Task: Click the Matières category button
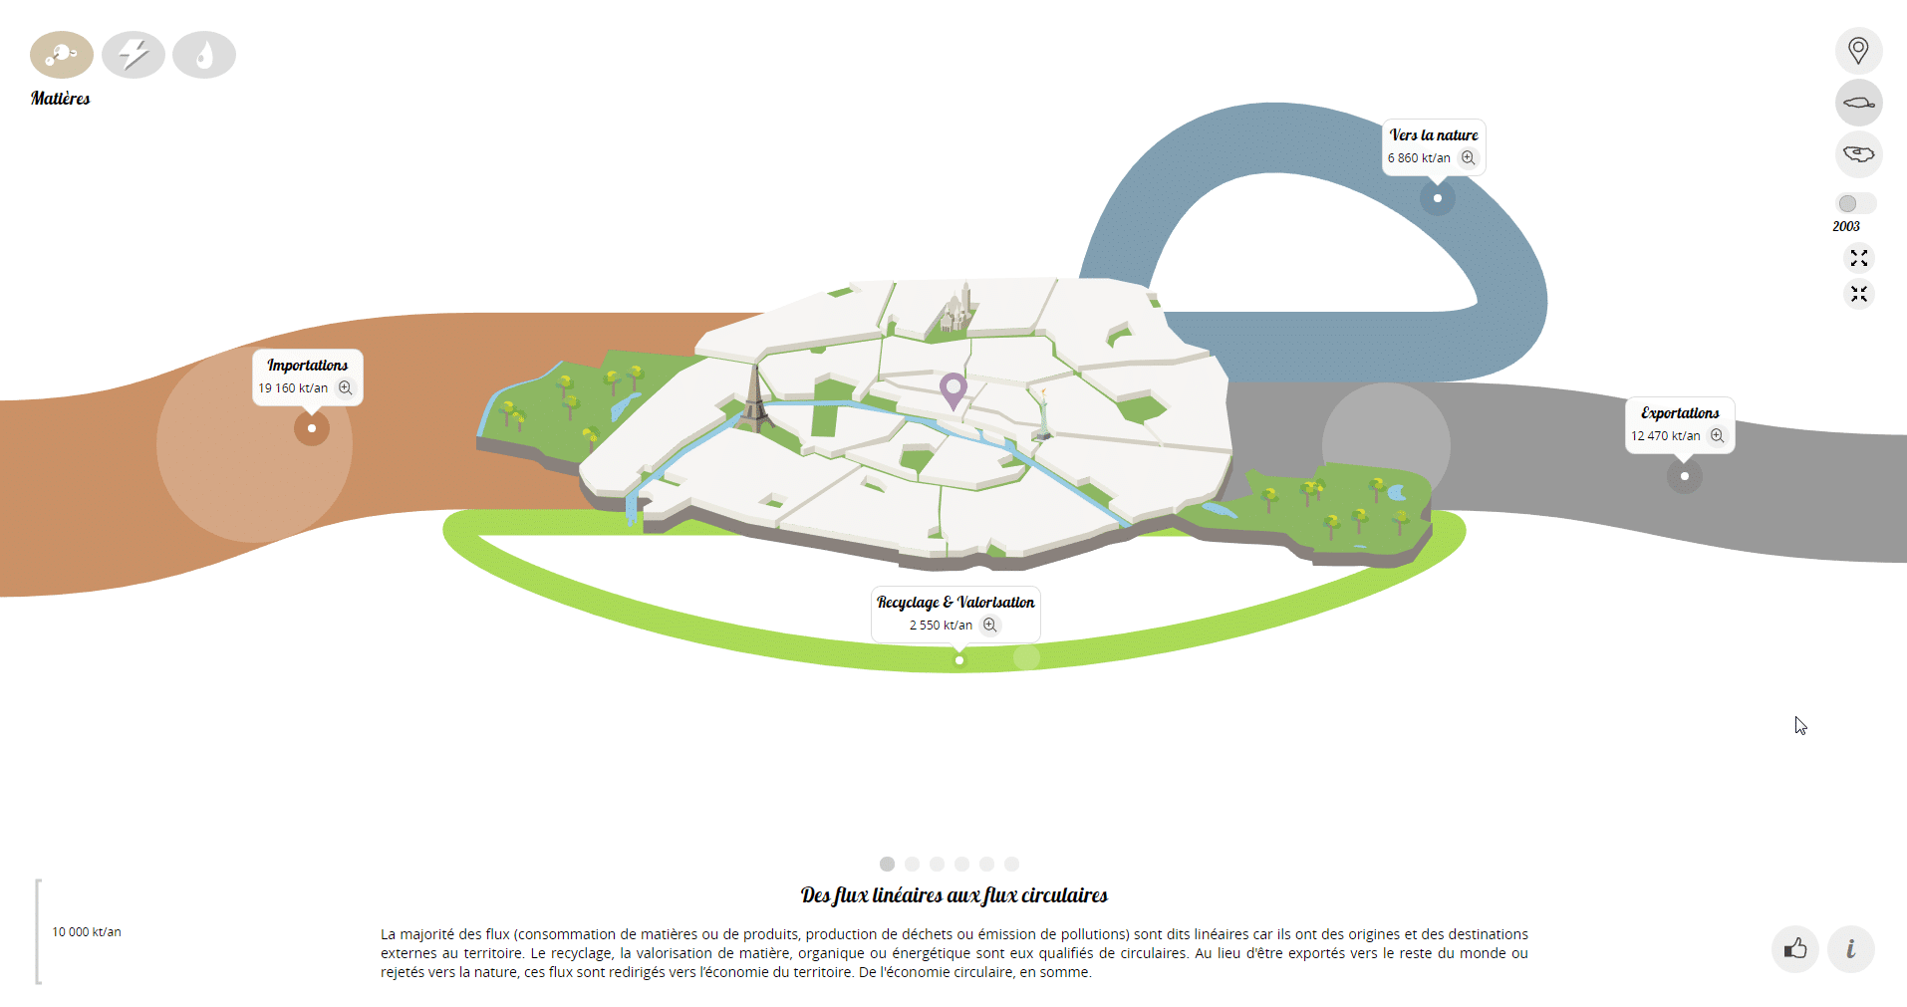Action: (62, 55)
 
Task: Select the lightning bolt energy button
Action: (134, 55)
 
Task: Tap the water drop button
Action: (204, 55)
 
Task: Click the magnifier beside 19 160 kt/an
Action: (345, 388)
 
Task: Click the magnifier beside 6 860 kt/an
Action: (1468, 158)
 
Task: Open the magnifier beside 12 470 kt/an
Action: (1717, 436)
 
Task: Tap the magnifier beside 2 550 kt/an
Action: (989, 626)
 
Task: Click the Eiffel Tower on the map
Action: (755, 398)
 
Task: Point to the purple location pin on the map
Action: (953, 389)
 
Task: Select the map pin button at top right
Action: (1858, 51)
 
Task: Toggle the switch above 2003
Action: (1855, 203)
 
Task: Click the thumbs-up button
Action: (1795, 948)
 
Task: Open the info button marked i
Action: (1850, 948)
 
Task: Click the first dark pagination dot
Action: (887, 864)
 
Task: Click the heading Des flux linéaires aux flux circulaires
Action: (953, 895)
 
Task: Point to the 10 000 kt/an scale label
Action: (87, 932)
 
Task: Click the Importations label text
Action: (307, 366)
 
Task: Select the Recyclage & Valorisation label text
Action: (955, 603)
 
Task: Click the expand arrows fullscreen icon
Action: (1858, 258)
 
